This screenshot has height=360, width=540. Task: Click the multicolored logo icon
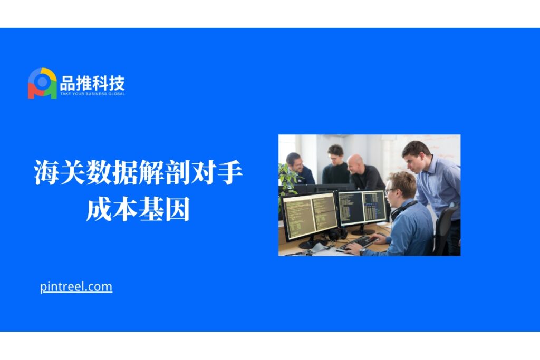click(42, 83)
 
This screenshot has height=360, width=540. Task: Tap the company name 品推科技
click(92, 83)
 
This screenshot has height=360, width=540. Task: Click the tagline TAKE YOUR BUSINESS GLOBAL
click(92, 94)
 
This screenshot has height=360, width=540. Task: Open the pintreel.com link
click(76, 287)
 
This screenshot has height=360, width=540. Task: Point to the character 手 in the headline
click(230, 172)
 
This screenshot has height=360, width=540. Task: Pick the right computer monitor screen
click(362, 208)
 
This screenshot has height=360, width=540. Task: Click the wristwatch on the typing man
click(362, 251)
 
